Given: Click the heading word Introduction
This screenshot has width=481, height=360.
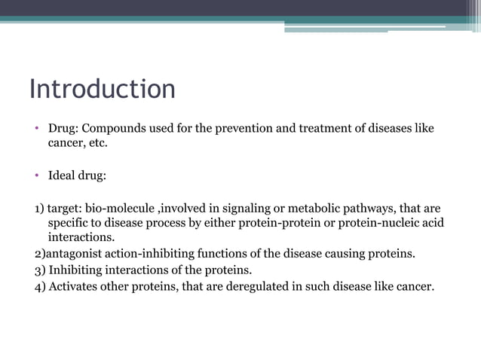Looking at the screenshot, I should point(102,89).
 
